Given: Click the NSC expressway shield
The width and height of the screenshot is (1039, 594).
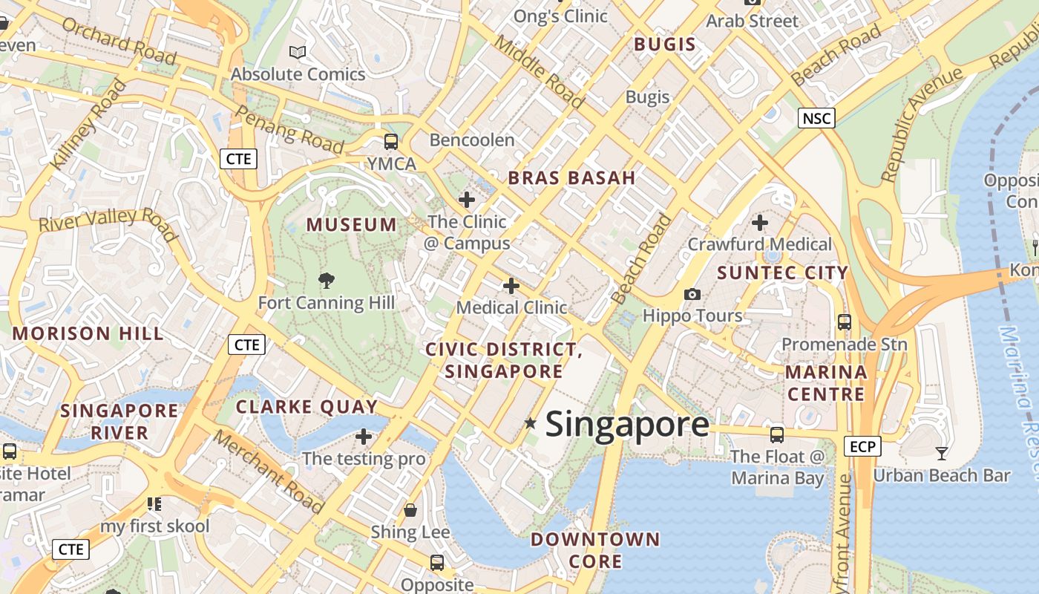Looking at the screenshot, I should pos(817,117).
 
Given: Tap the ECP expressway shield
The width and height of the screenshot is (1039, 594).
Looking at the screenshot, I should pos(862,446).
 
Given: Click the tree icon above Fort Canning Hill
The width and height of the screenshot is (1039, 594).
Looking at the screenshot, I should pos(326,280).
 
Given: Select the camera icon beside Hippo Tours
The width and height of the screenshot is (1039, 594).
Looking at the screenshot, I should pos(692,294).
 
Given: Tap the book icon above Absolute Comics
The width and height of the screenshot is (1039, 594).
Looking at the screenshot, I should pos(298,52).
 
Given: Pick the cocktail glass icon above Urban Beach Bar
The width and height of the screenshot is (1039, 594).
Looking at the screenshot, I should pos(942,453).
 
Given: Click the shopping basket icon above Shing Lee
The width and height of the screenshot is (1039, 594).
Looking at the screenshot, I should pos(410,510).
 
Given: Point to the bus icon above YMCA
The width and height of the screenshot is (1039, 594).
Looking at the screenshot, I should pos(391,141).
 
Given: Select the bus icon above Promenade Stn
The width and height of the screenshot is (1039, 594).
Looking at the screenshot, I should pos(844,322).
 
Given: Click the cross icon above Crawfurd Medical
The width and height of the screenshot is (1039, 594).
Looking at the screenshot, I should pos(759,222).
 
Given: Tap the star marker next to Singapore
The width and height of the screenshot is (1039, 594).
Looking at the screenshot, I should pos(531,423).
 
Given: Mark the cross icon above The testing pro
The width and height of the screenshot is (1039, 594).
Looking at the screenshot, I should pos(364,436).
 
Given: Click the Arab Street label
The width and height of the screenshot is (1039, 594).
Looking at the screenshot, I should pos(752,21).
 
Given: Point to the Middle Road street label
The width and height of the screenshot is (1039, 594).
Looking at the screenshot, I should pos(539,71).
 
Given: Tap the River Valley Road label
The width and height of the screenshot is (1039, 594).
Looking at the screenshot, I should pos(108,223).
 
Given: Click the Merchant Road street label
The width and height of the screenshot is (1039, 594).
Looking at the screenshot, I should pos(269,471).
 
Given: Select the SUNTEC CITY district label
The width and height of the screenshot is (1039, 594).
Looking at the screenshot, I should pos(782,272).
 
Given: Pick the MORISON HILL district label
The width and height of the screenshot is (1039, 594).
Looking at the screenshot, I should pos(88,333).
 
